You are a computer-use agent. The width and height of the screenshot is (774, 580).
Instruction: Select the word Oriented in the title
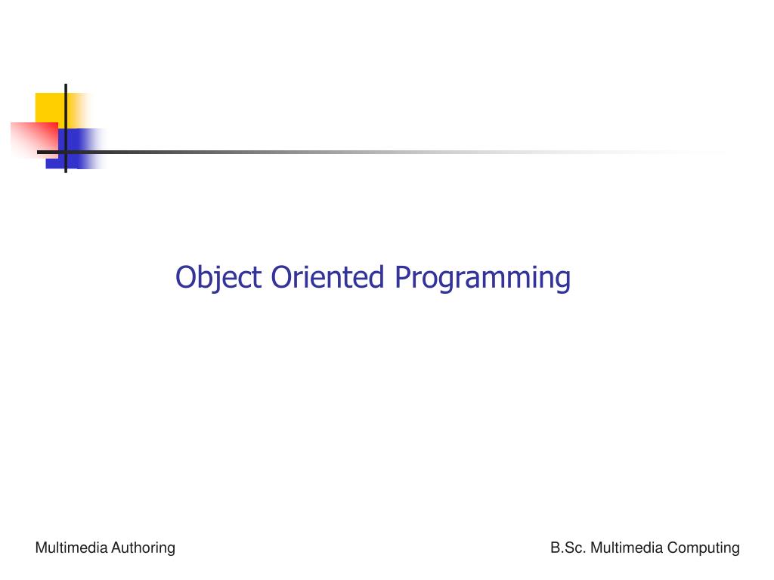coord(327,277)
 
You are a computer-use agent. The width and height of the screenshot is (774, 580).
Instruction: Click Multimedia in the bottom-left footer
coord(71,548)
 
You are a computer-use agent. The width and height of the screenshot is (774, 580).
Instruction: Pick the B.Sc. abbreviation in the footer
coord(568,548)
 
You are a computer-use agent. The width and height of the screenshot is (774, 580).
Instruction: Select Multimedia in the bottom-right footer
coord(626,548)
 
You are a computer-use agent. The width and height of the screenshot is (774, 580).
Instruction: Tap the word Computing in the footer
coord(703,548)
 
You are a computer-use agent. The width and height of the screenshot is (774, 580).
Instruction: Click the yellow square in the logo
coord(48,106)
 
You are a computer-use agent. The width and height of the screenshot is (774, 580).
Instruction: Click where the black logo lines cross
coord(66,151)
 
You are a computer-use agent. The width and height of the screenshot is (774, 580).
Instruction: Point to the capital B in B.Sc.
coord(555,548)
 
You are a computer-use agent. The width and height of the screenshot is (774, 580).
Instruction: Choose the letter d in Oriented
coord(376,277)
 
